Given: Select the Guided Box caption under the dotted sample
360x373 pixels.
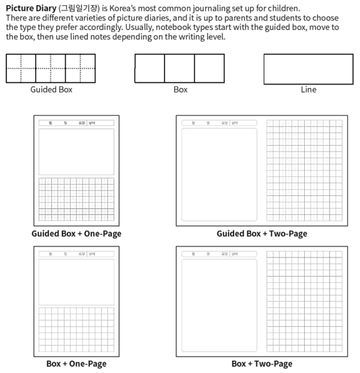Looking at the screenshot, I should coord(51,90).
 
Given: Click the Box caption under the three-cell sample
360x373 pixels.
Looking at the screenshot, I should coord(180,90).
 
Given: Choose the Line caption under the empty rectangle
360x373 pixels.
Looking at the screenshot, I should coord(308,90).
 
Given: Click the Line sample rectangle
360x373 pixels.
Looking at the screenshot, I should coord(308,69).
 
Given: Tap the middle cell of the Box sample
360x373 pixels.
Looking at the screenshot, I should coord(179,69).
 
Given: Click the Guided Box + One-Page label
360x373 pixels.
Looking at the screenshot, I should coord(76,234).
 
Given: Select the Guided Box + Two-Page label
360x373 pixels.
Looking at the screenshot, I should coord(262,234).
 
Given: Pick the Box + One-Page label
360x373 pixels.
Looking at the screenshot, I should coord(76,364).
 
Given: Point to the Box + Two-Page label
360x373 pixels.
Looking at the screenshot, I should coord(262,364).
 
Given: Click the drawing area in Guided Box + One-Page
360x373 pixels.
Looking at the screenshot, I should coord(76,152).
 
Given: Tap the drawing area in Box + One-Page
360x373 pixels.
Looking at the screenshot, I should coord(76,282).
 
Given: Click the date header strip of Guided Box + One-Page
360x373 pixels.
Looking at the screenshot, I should coord(76,123).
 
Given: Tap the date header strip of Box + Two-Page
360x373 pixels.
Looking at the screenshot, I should coord(219,254).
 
